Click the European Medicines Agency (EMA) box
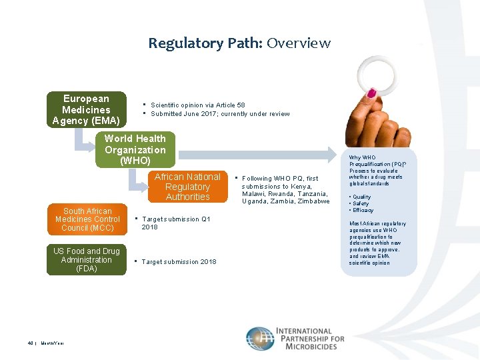click(86, 109)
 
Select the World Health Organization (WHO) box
click(135, 149)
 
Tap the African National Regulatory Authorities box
click(187, 187)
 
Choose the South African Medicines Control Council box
click(87, 219)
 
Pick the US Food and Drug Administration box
click(87, 260)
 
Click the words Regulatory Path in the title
click(205, 43)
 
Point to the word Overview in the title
click(299, 43)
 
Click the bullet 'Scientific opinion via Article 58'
click(197, 105)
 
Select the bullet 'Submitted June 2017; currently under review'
click(220, 114)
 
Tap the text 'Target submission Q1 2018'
click(175, 223)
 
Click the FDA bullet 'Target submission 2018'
click(179, 262)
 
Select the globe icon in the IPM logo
click(259, 339)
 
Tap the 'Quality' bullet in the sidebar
click(361, 197)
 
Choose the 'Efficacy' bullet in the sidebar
click(363, 210)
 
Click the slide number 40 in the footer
click(31, 343)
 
